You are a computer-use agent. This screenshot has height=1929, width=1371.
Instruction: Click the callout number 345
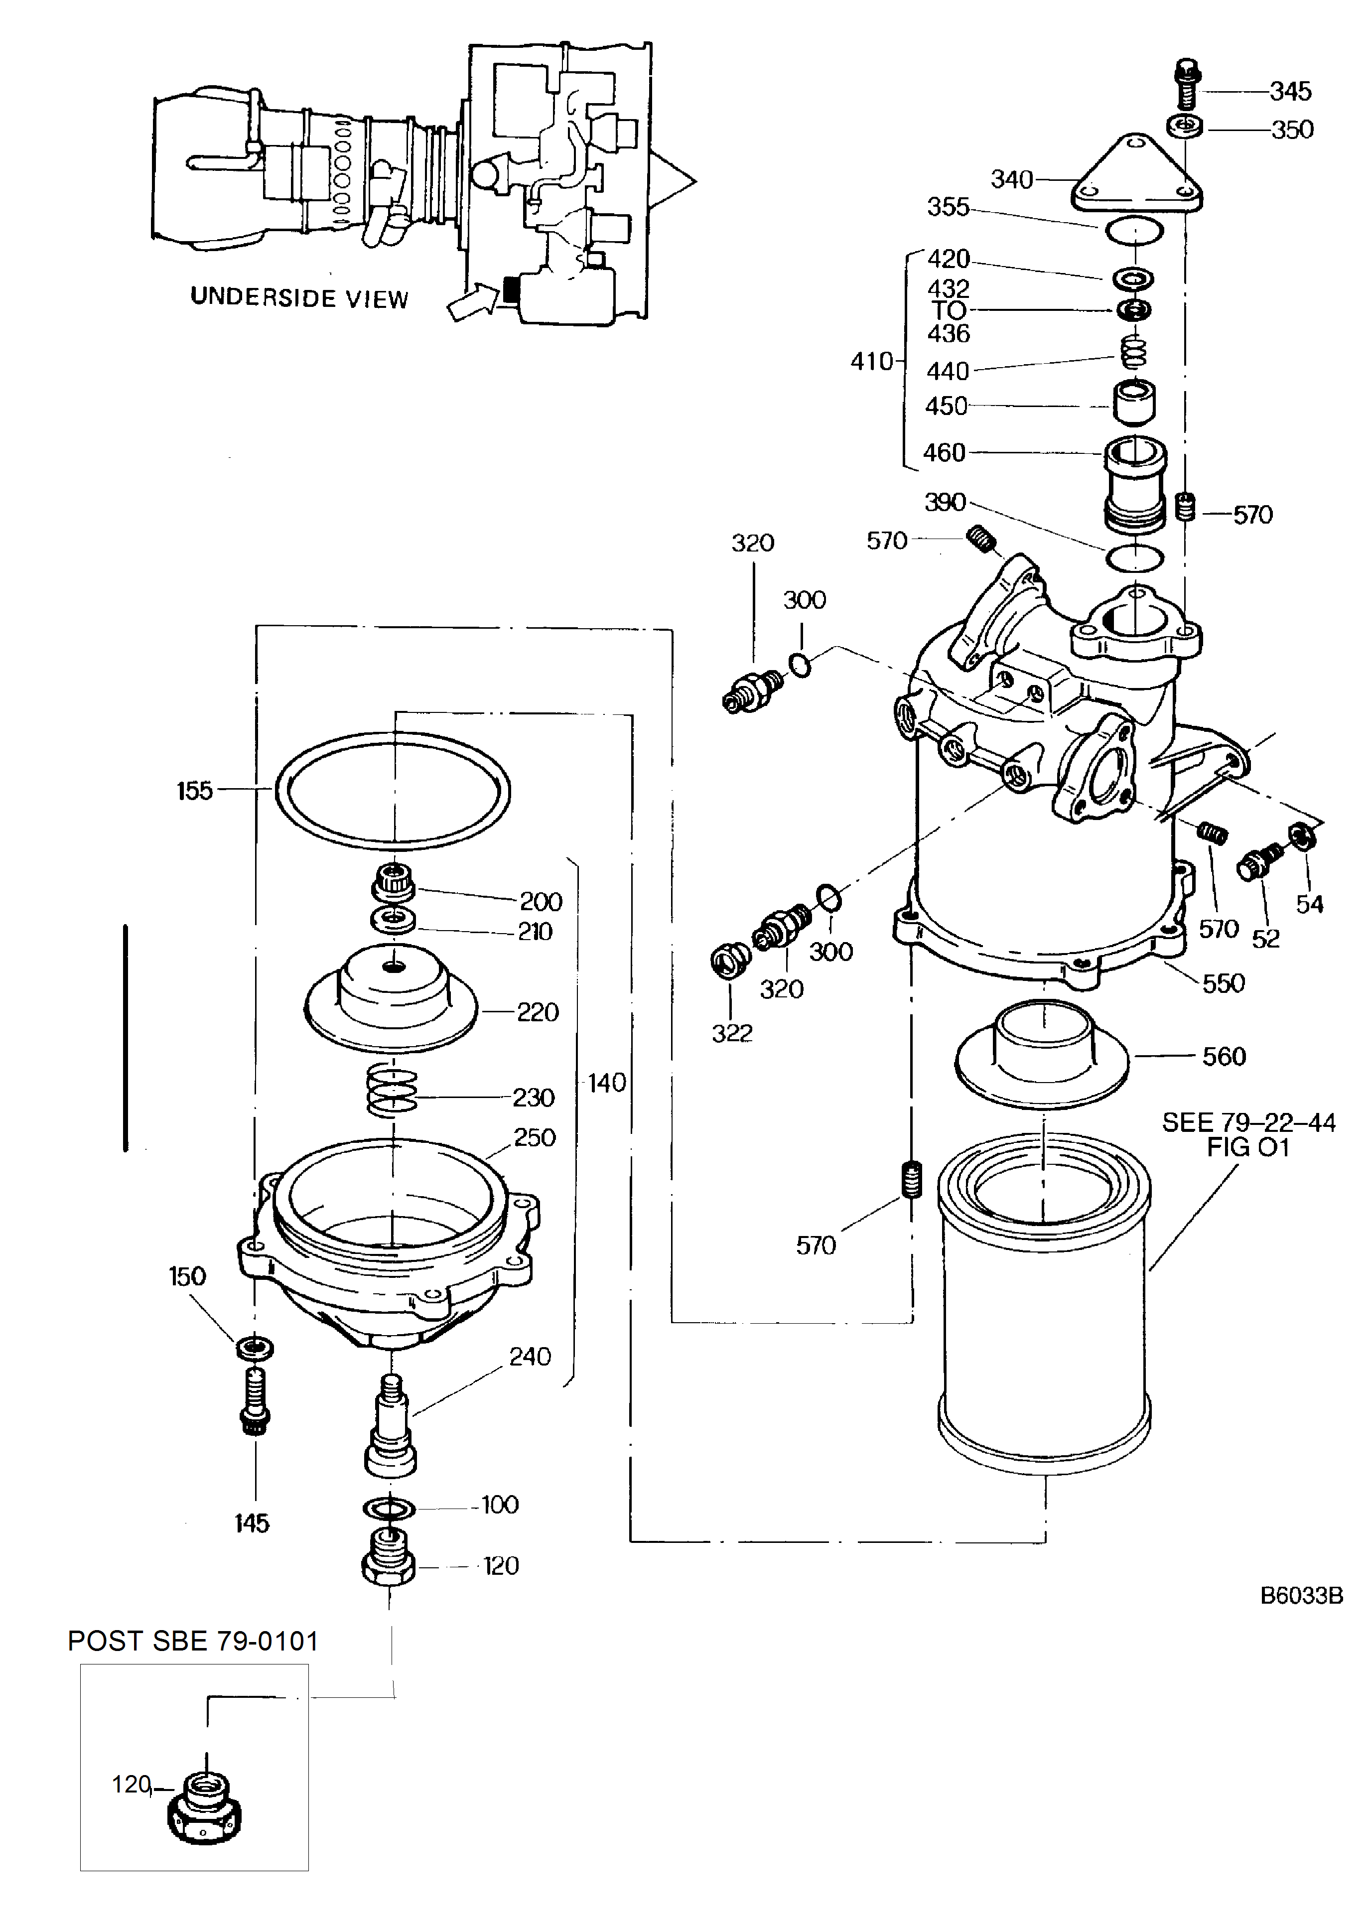1291,91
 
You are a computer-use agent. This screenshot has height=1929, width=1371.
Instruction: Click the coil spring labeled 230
392,1091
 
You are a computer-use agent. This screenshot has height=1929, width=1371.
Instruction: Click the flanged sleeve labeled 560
1043,1055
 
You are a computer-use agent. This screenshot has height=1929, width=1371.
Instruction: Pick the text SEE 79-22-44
1248,1123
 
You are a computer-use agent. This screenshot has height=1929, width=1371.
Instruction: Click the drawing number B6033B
1301,1596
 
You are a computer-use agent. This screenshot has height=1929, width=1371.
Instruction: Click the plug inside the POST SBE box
206,1806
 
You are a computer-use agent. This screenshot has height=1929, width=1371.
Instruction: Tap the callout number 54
1309,904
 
